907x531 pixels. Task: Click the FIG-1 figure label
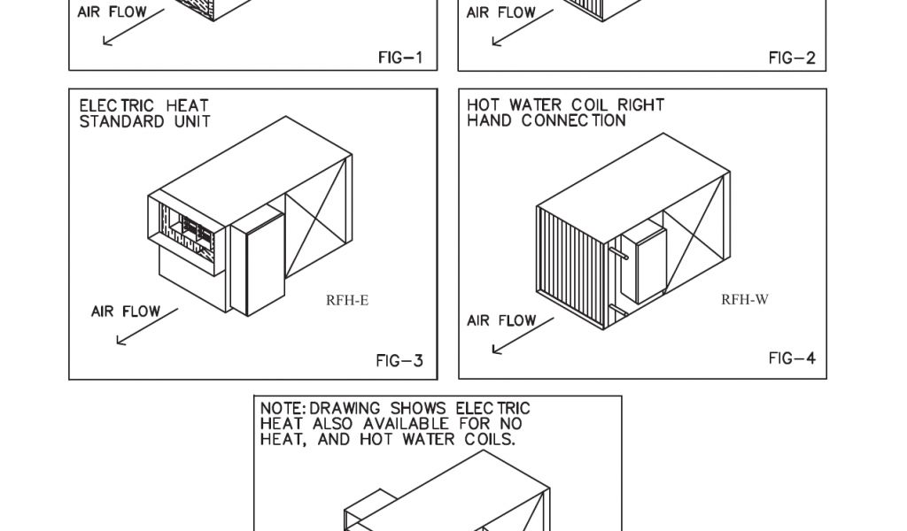400,58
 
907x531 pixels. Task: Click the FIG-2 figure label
792,58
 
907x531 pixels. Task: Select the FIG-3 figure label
399,361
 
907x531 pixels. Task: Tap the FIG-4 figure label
792,358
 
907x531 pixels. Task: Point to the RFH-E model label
347,300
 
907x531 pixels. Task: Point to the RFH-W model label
745,299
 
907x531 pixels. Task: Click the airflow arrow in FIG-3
146,327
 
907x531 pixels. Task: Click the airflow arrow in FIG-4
522,335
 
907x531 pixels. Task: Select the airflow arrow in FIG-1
133,27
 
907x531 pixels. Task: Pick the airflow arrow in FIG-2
522,27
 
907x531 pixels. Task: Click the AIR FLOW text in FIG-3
126,312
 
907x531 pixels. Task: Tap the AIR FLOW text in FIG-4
501,320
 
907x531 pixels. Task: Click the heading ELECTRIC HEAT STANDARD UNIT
144,113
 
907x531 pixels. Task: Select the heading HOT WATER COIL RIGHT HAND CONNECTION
565,112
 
